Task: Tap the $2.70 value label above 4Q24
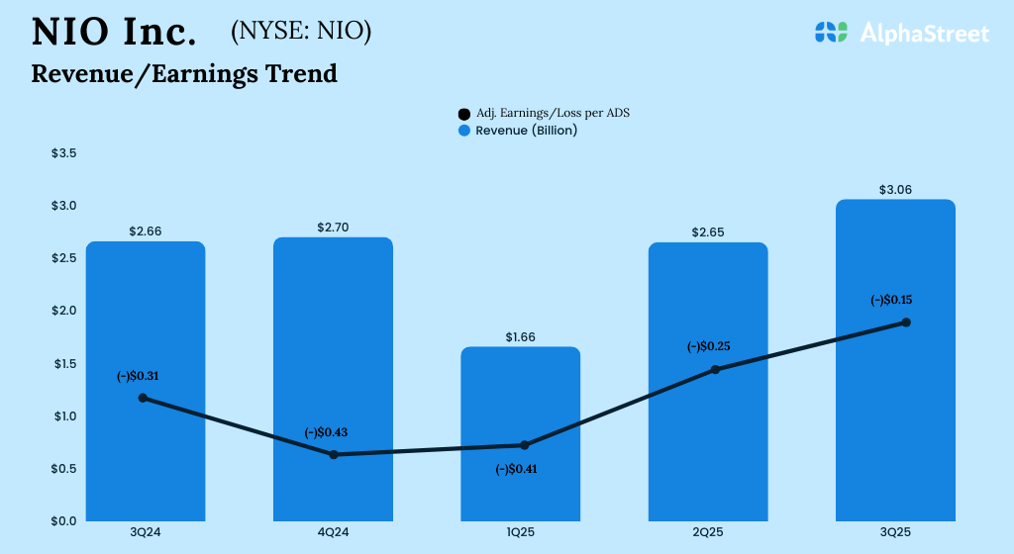pyautogui.click(x=333, y=228)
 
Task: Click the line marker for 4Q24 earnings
pyautogui.click(x=334, y=454)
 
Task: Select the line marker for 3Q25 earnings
pyautogui.click(x=906, y=323)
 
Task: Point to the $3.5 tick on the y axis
pyautogui.click(x=64, y=153)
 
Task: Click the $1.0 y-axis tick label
pyautogui.click(x=64, y=415)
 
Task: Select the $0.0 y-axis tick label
pyautogui.click(x=64, y=520)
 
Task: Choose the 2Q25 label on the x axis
pyautogui.click(x=708, y=533)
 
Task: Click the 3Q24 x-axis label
pyautogui.click(x=146, y=533)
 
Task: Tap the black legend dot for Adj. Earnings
pyautogui.click(x=464, y=114)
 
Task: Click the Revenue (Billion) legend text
pyautogui.click(x=526, y=130)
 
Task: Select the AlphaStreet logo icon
pyautogui.click(x=832, y=33)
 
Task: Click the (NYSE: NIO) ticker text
pyautogui.click(x=301, y=32)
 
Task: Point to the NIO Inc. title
pyautogui.click(x=114, y=33)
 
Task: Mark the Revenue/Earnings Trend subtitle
pyautogui.click(x=184, y=73)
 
